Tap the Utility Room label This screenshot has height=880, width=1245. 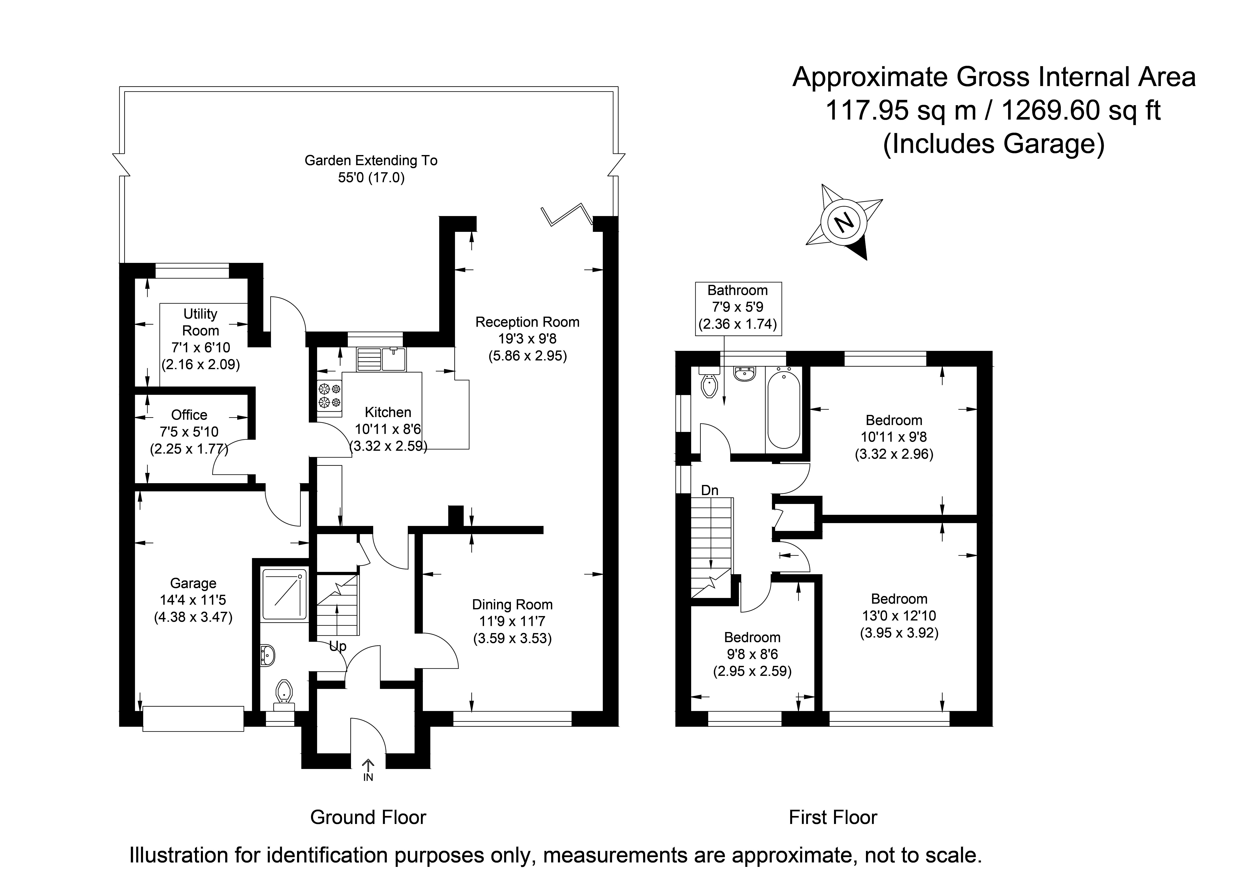201,322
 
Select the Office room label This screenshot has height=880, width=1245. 189,415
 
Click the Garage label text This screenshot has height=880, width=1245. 193,583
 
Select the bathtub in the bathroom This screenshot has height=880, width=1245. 784,408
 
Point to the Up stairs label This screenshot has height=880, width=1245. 337,646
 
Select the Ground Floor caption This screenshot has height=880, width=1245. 368,817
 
